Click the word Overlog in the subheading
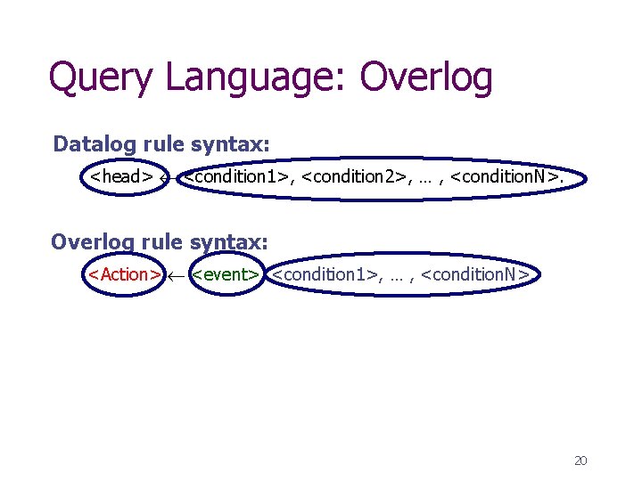[x=92, y=241]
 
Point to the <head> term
[x=121, y=176]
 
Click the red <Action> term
[x=124, y=274]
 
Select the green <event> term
[x=226, y=274]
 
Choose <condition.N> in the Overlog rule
[x=475, y=274]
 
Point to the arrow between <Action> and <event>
[x=177, y=275]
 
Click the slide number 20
[x=580, y=461]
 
